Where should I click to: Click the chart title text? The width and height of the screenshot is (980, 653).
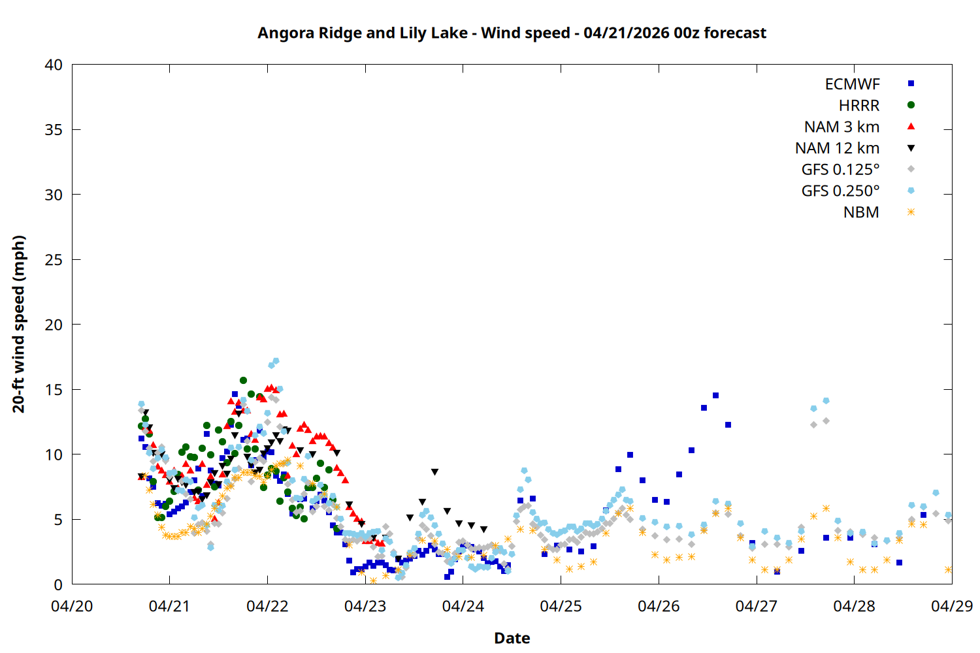tap(512, 33)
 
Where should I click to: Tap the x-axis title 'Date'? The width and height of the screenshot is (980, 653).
tap(512, 638)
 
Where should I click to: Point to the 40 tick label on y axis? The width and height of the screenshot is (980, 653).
tap(54, 65)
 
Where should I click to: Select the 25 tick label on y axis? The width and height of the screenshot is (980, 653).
tap(54, 259)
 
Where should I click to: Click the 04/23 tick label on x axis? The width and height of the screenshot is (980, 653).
tap(365, 606)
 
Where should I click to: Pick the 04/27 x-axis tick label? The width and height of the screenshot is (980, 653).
tap(756, 606)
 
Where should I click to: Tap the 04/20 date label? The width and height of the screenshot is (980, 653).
tap(72, 606)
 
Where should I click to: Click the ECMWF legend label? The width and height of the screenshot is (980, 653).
tap(852, 84)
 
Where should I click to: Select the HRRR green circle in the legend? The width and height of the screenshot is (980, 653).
tap(911, 105)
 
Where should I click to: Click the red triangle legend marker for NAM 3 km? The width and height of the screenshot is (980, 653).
tap(911, 126)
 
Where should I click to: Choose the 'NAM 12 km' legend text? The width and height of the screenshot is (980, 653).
tap(837, 148)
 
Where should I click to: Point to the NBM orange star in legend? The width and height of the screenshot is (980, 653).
tap(911, 212)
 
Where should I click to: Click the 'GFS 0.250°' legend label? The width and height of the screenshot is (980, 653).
tap(840, 191)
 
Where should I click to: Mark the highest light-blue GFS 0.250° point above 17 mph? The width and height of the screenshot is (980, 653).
tap(276, 360)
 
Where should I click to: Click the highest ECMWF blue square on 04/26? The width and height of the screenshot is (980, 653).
tap(715, 395)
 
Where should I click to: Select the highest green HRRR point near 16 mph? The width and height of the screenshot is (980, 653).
tap(243, 380)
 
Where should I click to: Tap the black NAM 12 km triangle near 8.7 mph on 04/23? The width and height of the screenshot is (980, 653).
tap(434, 471)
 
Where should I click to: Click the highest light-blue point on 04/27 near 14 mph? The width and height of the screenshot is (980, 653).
tap(826, 400)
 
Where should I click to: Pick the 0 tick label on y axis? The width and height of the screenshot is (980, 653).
tap(58, 584)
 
